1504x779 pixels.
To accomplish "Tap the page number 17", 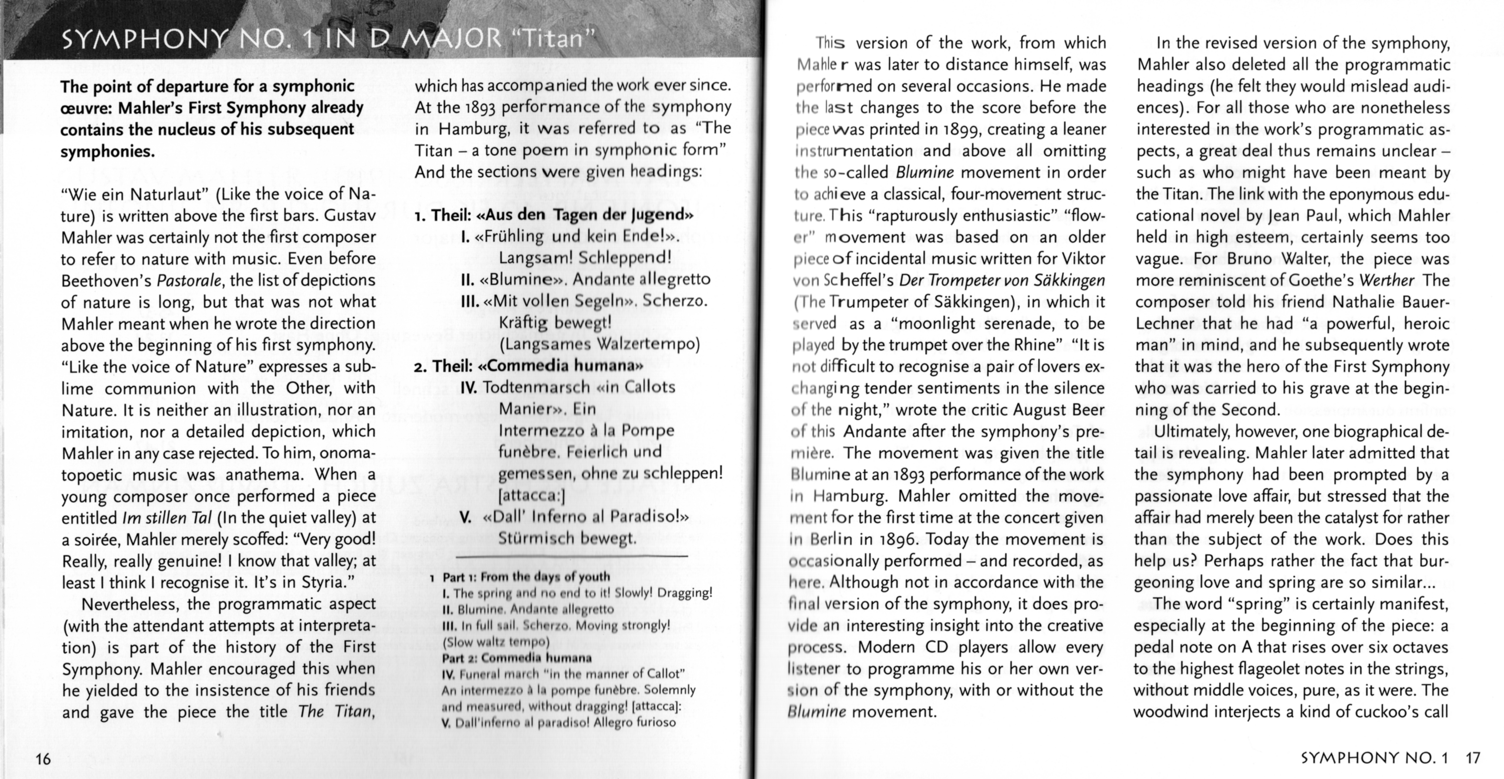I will [x=1472, y=758].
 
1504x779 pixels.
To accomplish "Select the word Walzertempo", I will [x=647, y=344].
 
